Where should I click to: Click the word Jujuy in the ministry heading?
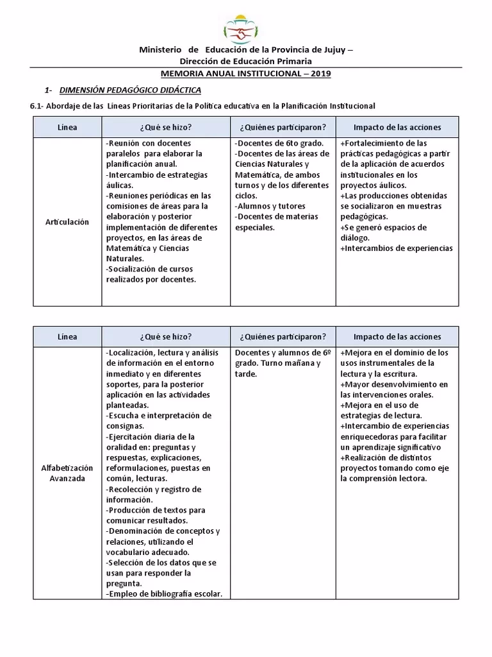[333, 50]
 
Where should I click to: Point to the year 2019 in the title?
[319, 74]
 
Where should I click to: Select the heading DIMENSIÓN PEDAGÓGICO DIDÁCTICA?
[130, 90]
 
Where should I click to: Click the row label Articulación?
[67, 222]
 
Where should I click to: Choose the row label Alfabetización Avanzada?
[67, 474]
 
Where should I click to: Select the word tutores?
[291, 206]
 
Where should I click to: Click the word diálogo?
[355, 238]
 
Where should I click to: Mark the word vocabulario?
[133, 552]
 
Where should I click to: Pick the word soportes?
[124, 384]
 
